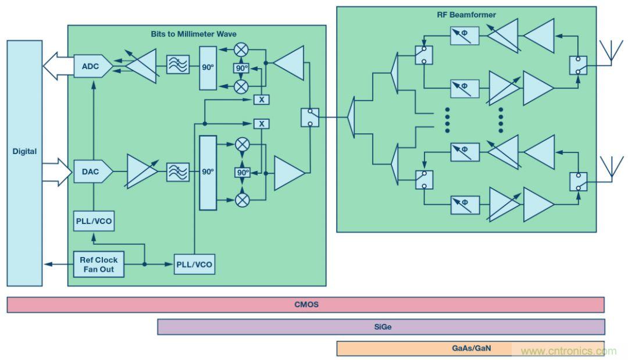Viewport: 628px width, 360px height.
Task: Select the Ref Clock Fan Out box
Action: tap(98, 265)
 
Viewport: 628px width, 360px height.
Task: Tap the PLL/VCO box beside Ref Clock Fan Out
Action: tap(194, 265)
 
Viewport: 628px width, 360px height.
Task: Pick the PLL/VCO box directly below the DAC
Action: tap(94, 222)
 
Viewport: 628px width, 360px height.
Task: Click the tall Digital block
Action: tap(24, 163)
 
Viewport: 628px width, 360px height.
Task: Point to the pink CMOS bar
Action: tap(306, 305)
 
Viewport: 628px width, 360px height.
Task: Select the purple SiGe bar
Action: tap(381, 327)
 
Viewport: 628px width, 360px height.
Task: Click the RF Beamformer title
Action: tap(466, 15)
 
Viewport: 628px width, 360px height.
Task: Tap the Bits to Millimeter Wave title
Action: tap(194, 34)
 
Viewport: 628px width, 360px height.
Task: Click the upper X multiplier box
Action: tap(262, 99)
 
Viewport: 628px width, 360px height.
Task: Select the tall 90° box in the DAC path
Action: tap(208, 172)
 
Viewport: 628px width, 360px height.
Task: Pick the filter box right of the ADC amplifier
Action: tap(177, 65)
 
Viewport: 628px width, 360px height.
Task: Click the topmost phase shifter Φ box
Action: tap(465, 37)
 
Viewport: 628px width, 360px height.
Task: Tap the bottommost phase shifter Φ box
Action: tap(465, 205)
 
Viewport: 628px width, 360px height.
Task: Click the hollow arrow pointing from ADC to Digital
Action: tap(58, 66)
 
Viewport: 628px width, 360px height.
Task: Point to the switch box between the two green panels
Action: tap(310, 117)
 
